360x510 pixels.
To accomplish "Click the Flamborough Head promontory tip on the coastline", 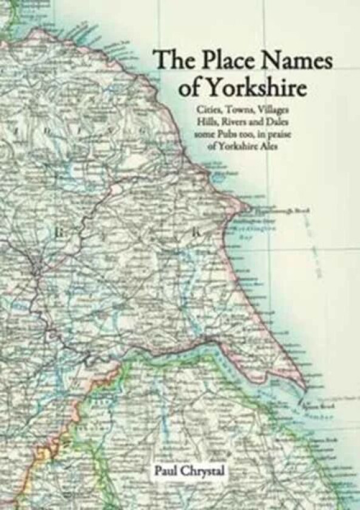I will click(249, 209).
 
